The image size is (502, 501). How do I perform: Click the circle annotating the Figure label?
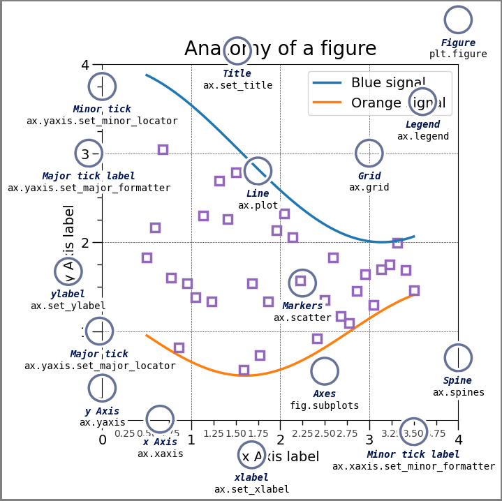(x=458, y=20)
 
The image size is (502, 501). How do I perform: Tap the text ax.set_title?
(x=237, y=86)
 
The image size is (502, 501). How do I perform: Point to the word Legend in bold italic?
(x=422, y=125)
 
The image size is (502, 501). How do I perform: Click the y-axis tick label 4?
(x=85, y=65)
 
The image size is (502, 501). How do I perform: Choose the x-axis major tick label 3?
(x=369, y=440)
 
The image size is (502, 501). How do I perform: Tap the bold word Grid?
(x=369, y=177)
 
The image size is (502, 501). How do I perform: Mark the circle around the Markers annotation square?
(x=302, y=283)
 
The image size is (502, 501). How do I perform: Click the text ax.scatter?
(x=302, y=318)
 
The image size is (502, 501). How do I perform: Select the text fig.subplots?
(x=324, y=406)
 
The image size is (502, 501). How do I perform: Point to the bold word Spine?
(x=457, y=381)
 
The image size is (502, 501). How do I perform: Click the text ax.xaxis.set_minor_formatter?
(x=413, y=467)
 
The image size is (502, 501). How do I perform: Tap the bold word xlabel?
(x=251, y=478)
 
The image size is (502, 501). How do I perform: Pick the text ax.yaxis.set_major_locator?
(x=100, y=366)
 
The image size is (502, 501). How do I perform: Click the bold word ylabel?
(x=68, y=294)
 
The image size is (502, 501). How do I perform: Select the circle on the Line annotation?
(x=258, y=171)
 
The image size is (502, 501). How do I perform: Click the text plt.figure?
(x=458, y=54)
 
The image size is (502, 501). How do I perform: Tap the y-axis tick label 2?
(x=85, y=243)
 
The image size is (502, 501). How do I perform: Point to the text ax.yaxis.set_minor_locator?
(x=102, y=121)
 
